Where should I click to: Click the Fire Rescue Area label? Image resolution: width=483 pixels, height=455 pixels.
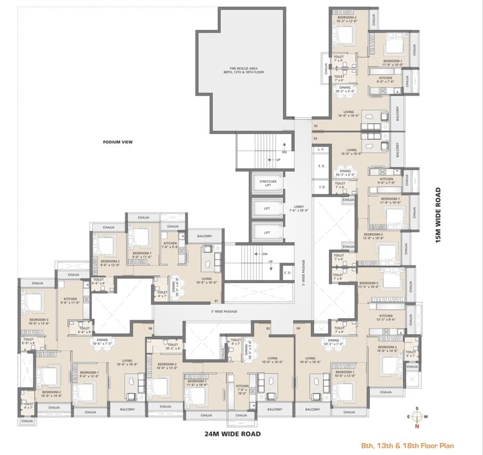[x=244, y=70]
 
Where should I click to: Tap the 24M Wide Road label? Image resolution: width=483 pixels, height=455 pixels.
[x=223, y=434]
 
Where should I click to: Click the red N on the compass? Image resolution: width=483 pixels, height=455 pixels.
[x=416, y=426]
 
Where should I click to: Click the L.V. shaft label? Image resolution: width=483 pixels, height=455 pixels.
[x=321, y=149]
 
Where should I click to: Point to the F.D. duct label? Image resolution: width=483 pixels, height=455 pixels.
[x=321, y=186]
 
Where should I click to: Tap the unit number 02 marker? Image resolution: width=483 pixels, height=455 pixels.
[x=315, y=126]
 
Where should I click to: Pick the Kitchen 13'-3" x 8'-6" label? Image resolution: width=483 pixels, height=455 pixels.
[x=385, y=318]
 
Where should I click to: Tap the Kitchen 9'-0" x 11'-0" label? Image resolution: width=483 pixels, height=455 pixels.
[x=70, y=300]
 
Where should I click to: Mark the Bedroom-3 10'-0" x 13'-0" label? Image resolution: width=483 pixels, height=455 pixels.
[x=38, y=321]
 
